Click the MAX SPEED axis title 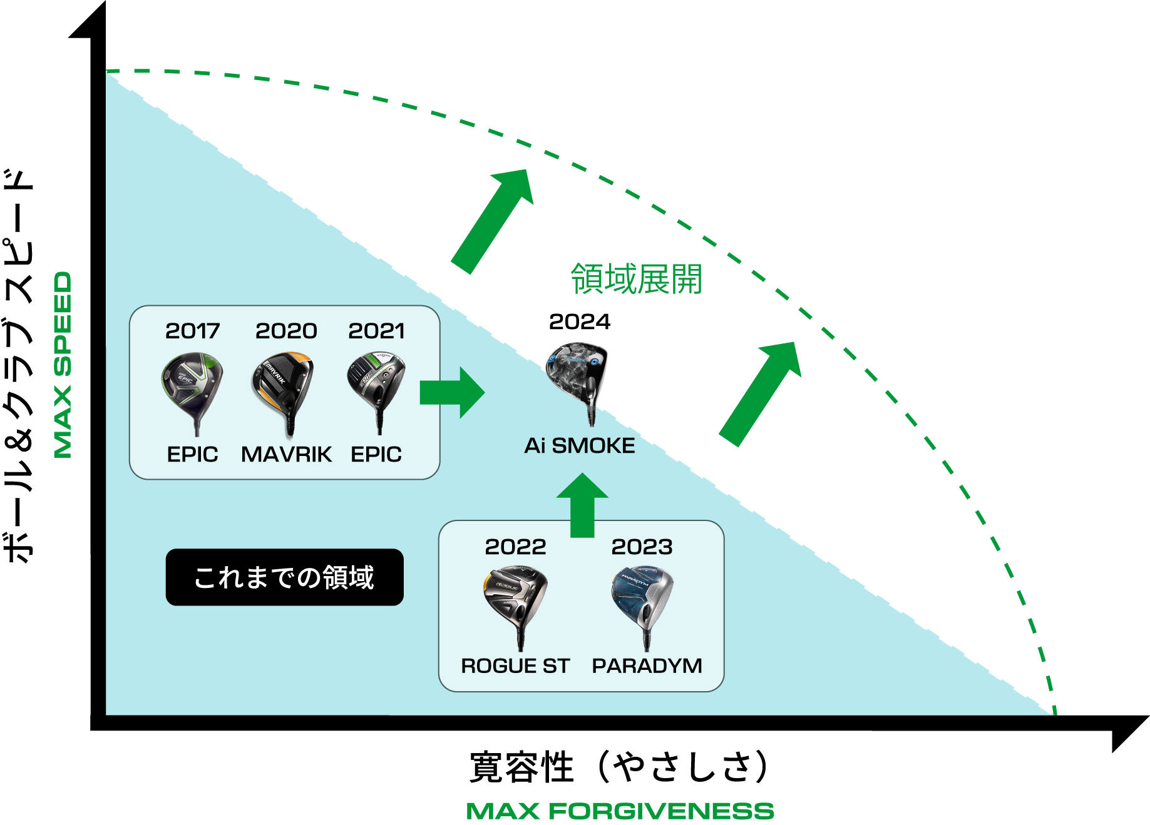tap(63, 365)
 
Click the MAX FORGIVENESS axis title tap(620, 811)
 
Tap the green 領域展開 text tap(636, 279)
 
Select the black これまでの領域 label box tap(284, 577)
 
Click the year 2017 tap(192, 331)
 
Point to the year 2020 tap(286, 331)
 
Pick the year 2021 tap(376, 331)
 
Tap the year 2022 tap(515, 547)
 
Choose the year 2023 tap(642, 547)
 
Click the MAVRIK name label tap(286, 454)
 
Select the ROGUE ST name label tap(515, 666)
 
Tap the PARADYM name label tap(647, 666)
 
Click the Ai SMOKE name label tap(580, 446)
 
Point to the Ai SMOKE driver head tap(577, 369)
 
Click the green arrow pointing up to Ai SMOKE tap(582, 504)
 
